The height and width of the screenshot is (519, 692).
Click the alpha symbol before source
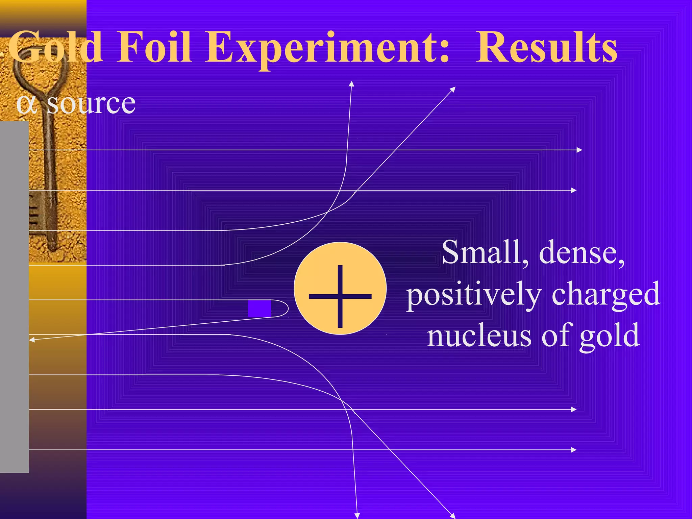pyautogui.click(x=26, y=104)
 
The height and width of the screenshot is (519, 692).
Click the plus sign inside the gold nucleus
pyautogui.click(x=340, y=296)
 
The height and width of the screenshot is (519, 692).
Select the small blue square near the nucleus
pyautogui.click(x=259, y=308)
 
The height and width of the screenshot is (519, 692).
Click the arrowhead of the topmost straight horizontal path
pyautogui.click(x=579, y=150)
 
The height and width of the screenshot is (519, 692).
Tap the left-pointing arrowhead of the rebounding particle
pyautogui.click(x=32, y=340)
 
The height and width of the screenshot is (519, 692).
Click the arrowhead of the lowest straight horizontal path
pyautogui.click(x=574, y=450)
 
